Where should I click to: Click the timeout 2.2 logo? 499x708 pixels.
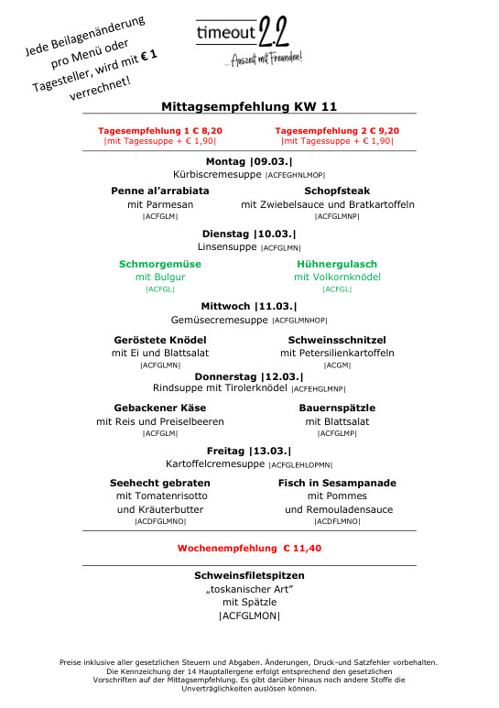pyautogui.click(x=249, y=41)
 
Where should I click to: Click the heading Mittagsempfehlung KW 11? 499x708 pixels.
pyautogui.click(x=249, y=106)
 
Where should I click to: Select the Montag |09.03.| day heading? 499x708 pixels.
pyautogui.click(x=249, y=160)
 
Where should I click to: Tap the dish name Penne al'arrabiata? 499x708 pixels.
pyautogui.click(x=159, y=191)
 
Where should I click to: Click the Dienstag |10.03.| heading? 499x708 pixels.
pyautogui.click(x=249, y=233)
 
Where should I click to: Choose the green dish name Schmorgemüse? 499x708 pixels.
pyautogui.click(x=159, y=264)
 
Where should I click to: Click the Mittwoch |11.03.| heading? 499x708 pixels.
pyautogui.click(x=249, y=306)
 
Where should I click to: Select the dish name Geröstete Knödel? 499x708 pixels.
pyautogui.click(x=159, y=340)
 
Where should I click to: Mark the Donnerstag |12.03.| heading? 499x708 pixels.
pyautogui.click(x=249, y=376)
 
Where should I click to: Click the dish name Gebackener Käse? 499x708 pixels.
pyautogui.click(x=159, y=408)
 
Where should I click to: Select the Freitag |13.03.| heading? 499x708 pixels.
pyautogui.click(x=249, y=451)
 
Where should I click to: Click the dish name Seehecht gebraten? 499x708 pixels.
pyautogui.click(x=159, y=483)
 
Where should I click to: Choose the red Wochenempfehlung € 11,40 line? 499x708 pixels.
pyautogui.click(x=249, y=549)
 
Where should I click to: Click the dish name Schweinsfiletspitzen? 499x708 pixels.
pyautogui.click(x=249, y=575)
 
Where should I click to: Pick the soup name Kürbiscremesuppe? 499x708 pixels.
pyautogui.click(x=217, y=174)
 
